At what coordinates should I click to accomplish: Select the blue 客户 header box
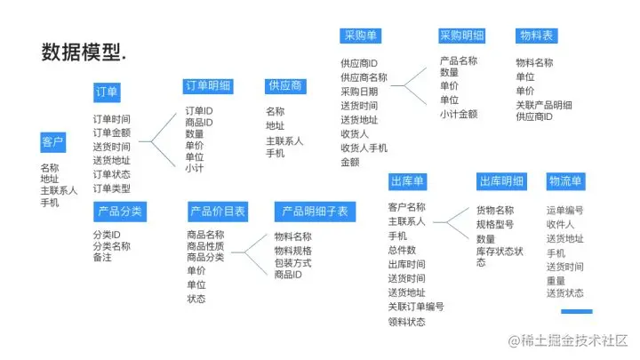(52, 143)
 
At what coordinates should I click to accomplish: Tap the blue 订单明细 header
(207, 86)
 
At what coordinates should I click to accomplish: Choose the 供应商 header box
(284, 86)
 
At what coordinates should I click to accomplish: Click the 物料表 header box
(536, 36)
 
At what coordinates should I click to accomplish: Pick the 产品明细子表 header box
(316, 212)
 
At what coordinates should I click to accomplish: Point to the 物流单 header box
(565, 182)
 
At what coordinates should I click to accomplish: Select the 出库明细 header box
(501, 182)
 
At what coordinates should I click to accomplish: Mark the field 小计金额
(458, 114)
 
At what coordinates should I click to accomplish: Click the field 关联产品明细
(544, 104)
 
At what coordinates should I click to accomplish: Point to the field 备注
(102, 258)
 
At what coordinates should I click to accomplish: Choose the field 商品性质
(205, 246)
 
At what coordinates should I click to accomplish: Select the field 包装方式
(292, 263)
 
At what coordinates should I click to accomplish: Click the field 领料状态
(406, 321)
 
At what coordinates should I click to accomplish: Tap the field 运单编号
(564, 211)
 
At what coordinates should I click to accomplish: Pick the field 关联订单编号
(415, 307)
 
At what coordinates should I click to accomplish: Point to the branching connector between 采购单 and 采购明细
(406, 84)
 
